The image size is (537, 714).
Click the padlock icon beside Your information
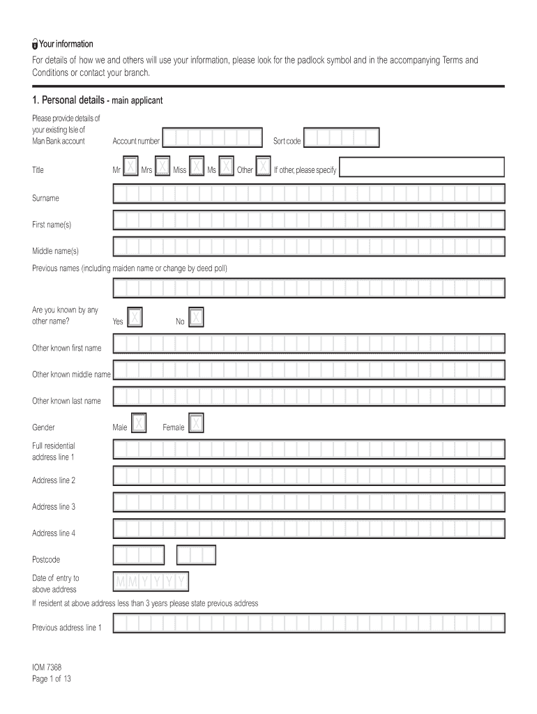point(35,45)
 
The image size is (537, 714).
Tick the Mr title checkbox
point(130,167)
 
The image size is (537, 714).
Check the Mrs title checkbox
point(162,167)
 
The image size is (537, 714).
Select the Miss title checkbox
point(197,167)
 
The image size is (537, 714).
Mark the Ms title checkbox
point(226,167)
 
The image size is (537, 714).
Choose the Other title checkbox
point(264,167)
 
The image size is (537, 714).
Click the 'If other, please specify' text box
point(422,168)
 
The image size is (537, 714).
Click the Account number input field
point(212,139)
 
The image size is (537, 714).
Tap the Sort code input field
point(342,139)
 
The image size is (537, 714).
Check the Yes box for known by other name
point(135,319)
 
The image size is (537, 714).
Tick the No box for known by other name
point(197,319)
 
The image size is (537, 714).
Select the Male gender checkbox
point(139,425)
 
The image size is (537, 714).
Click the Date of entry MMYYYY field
point(151,582)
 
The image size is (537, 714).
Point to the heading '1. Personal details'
point(68,100)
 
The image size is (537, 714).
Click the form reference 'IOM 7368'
point(47,667)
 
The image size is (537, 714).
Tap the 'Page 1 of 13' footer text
point(52,679)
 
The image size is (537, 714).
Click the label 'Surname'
point(45,199)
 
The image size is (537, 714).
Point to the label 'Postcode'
point(46,559)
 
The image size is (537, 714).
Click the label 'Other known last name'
point(66,401)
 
